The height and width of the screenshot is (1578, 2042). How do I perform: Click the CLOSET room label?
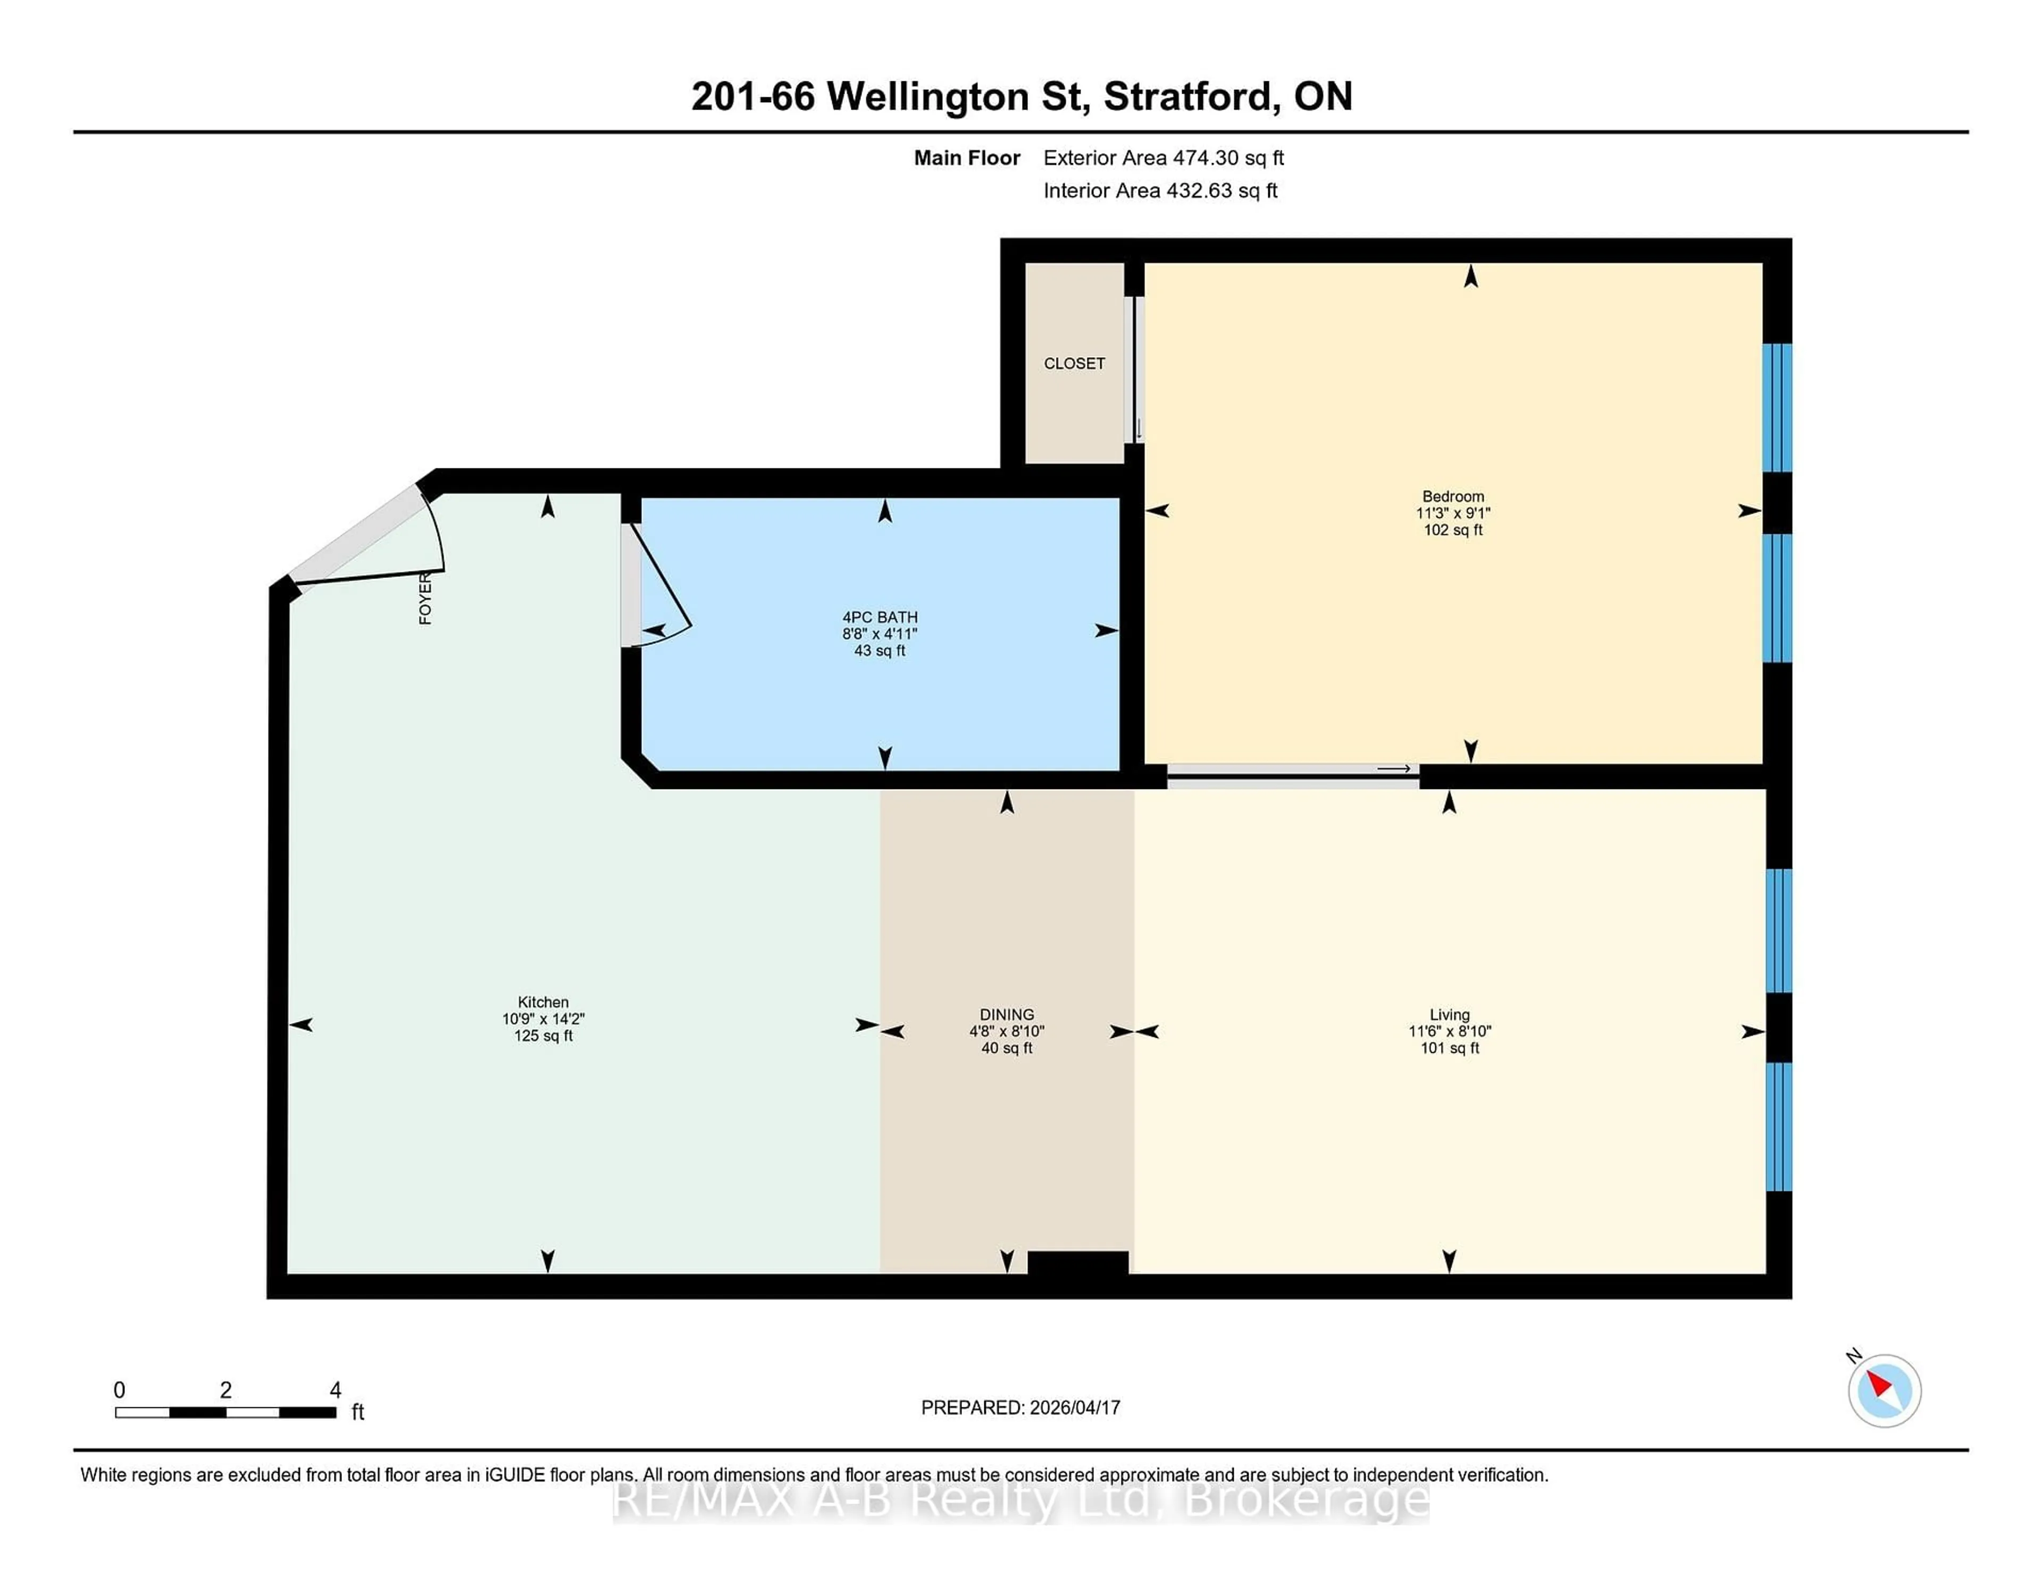tap(1074, 364)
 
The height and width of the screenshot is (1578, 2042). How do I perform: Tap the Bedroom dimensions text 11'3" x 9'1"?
tap(1453, 513)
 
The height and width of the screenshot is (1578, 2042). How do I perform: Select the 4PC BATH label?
tap(880, 617)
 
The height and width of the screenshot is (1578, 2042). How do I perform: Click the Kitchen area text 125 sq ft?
tap(543, 1036)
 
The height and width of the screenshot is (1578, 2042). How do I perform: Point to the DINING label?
tap(1007, 1014)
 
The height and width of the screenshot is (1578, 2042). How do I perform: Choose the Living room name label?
tap(1449, 1014)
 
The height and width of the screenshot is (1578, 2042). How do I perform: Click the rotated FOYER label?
tap(425, 598)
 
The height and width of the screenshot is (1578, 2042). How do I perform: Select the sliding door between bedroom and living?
tap(1293, 776)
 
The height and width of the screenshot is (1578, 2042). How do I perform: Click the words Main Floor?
tap(967, 158)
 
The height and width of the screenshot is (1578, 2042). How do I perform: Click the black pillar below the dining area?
tap(1078, 1262)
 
